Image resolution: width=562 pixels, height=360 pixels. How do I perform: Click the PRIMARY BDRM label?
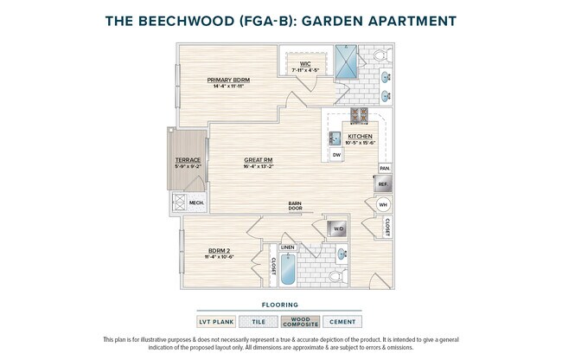coord(228,80)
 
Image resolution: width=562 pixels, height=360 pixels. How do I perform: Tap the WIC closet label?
coord(305,63)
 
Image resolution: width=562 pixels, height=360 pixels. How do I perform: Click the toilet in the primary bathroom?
coord(380,55)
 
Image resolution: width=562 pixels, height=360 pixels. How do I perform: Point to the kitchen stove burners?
coord(360,116)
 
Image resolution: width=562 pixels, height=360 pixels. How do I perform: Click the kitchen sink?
coord(335,138)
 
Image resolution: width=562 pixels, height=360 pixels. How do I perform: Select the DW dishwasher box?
coord(336,154)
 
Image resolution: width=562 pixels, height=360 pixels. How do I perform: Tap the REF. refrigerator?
coord(383,184)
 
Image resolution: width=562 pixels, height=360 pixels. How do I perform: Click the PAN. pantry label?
coord(385,168)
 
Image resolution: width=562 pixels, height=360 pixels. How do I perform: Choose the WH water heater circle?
coord(383,206)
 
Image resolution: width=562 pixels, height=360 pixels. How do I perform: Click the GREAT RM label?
coord(259,160)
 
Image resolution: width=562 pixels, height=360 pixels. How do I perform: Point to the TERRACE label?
coord(188,160)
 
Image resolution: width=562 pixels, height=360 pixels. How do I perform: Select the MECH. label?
coord(195,203)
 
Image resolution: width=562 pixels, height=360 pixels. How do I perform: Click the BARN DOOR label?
coord(296,206)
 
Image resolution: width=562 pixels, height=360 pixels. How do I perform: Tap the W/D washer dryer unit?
coord(337,228)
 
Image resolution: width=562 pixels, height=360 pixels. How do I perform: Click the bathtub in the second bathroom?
coord(287,268)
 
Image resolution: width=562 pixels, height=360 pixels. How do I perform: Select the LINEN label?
coord(287,247)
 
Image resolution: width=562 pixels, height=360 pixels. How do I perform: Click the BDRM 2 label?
coord(219,251)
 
